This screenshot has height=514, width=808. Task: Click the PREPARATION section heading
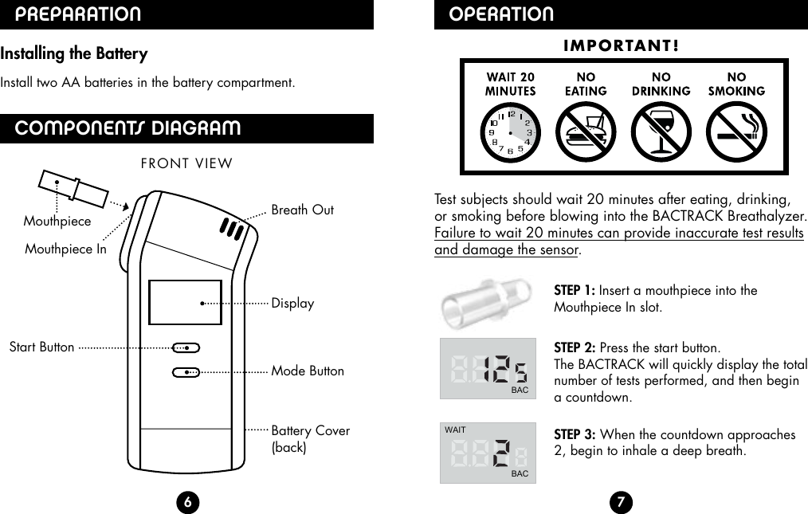(79, 14)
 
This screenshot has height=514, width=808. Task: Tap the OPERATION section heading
(501, 14)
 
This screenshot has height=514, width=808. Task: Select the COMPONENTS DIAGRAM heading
(127, 128)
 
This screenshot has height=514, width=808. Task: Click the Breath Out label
(303, 210)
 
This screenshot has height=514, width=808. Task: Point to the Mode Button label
(308, 371)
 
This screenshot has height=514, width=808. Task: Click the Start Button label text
(41, 347)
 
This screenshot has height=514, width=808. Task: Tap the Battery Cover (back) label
(310, 438)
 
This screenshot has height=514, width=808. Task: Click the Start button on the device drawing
(186, 347)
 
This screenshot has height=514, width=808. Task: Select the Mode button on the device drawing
(186, 371)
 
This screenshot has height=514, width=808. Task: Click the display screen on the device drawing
(185, 303)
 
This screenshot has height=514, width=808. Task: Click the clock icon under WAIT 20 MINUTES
(510, 131)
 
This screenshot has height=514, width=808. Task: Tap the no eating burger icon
(586, 131)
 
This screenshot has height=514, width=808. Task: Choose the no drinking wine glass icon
(661, 131)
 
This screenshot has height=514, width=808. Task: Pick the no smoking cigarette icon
(736, 131)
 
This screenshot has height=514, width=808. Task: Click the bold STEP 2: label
(575, 348)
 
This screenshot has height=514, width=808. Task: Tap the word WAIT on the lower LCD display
(455, 430)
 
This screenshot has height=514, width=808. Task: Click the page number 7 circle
(620, 501)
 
